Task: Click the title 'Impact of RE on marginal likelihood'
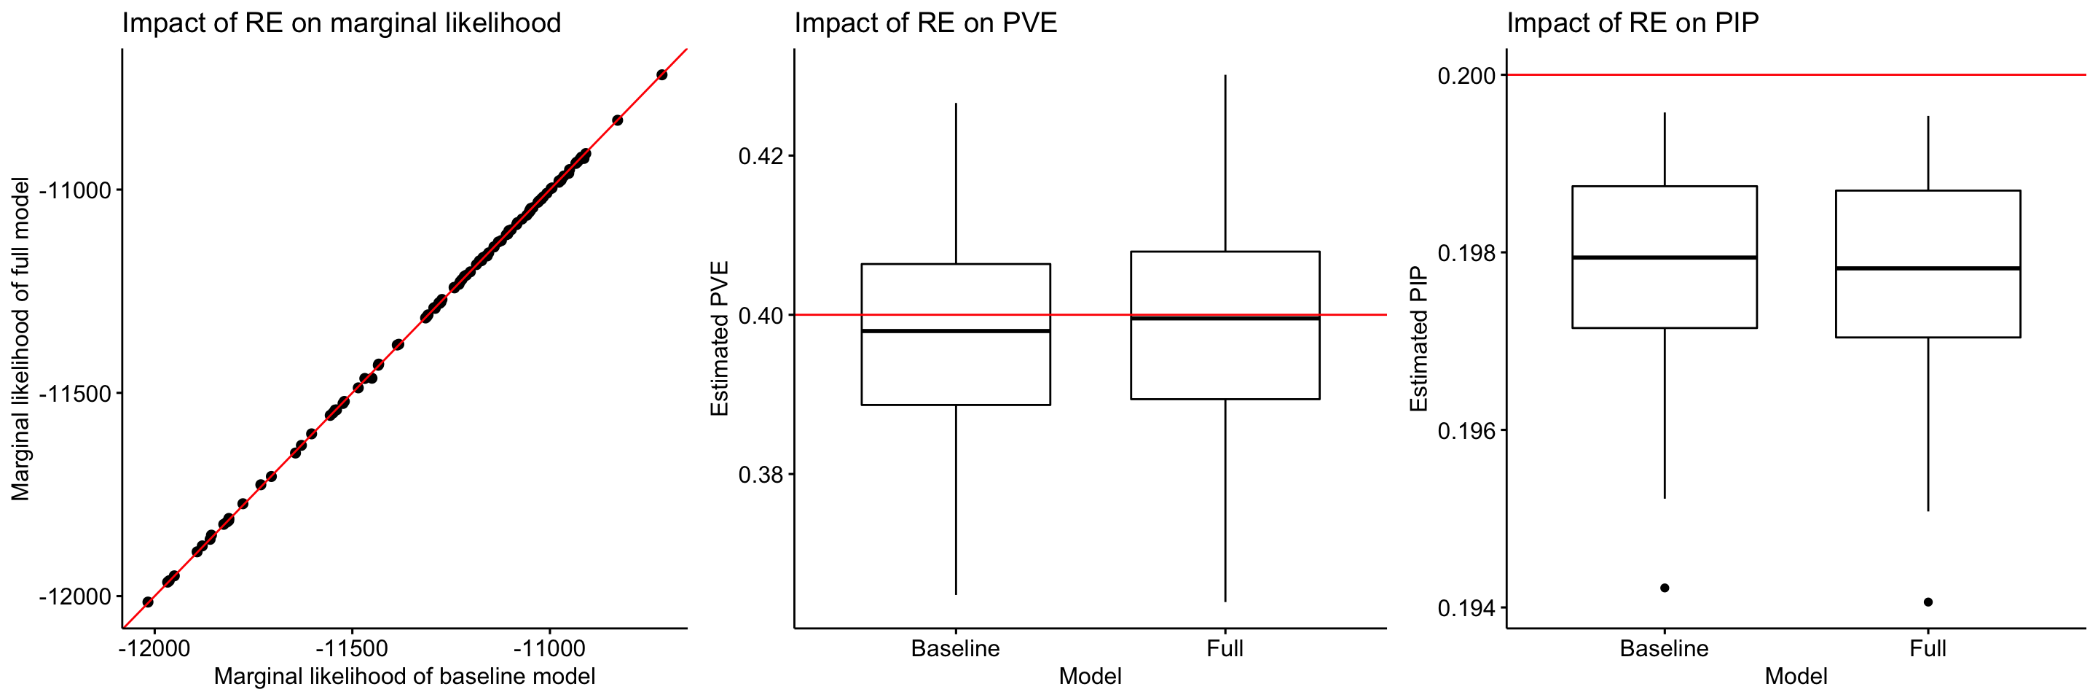point(341,23)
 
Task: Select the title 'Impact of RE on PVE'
point(925,23)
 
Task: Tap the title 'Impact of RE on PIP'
point(1632,23)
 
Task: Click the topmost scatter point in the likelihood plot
point(661,75)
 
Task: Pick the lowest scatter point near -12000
point(147,602)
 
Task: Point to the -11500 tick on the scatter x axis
point(352,649)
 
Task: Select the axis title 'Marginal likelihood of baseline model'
point(404,677)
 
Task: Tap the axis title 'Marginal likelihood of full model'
point(20,338)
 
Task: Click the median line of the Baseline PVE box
point(955,331)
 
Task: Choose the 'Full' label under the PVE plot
point(1225,649)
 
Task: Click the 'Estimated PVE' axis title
point(719,338)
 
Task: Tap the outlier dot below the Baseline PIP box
point(1665,588)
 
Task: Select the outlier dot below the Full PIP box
point(1928,602)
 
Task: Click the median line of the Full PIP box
point(1928,268)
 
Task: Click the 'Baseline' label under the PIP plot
point(1664,649)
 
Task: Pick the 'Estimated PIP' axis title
point(1419,338)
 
